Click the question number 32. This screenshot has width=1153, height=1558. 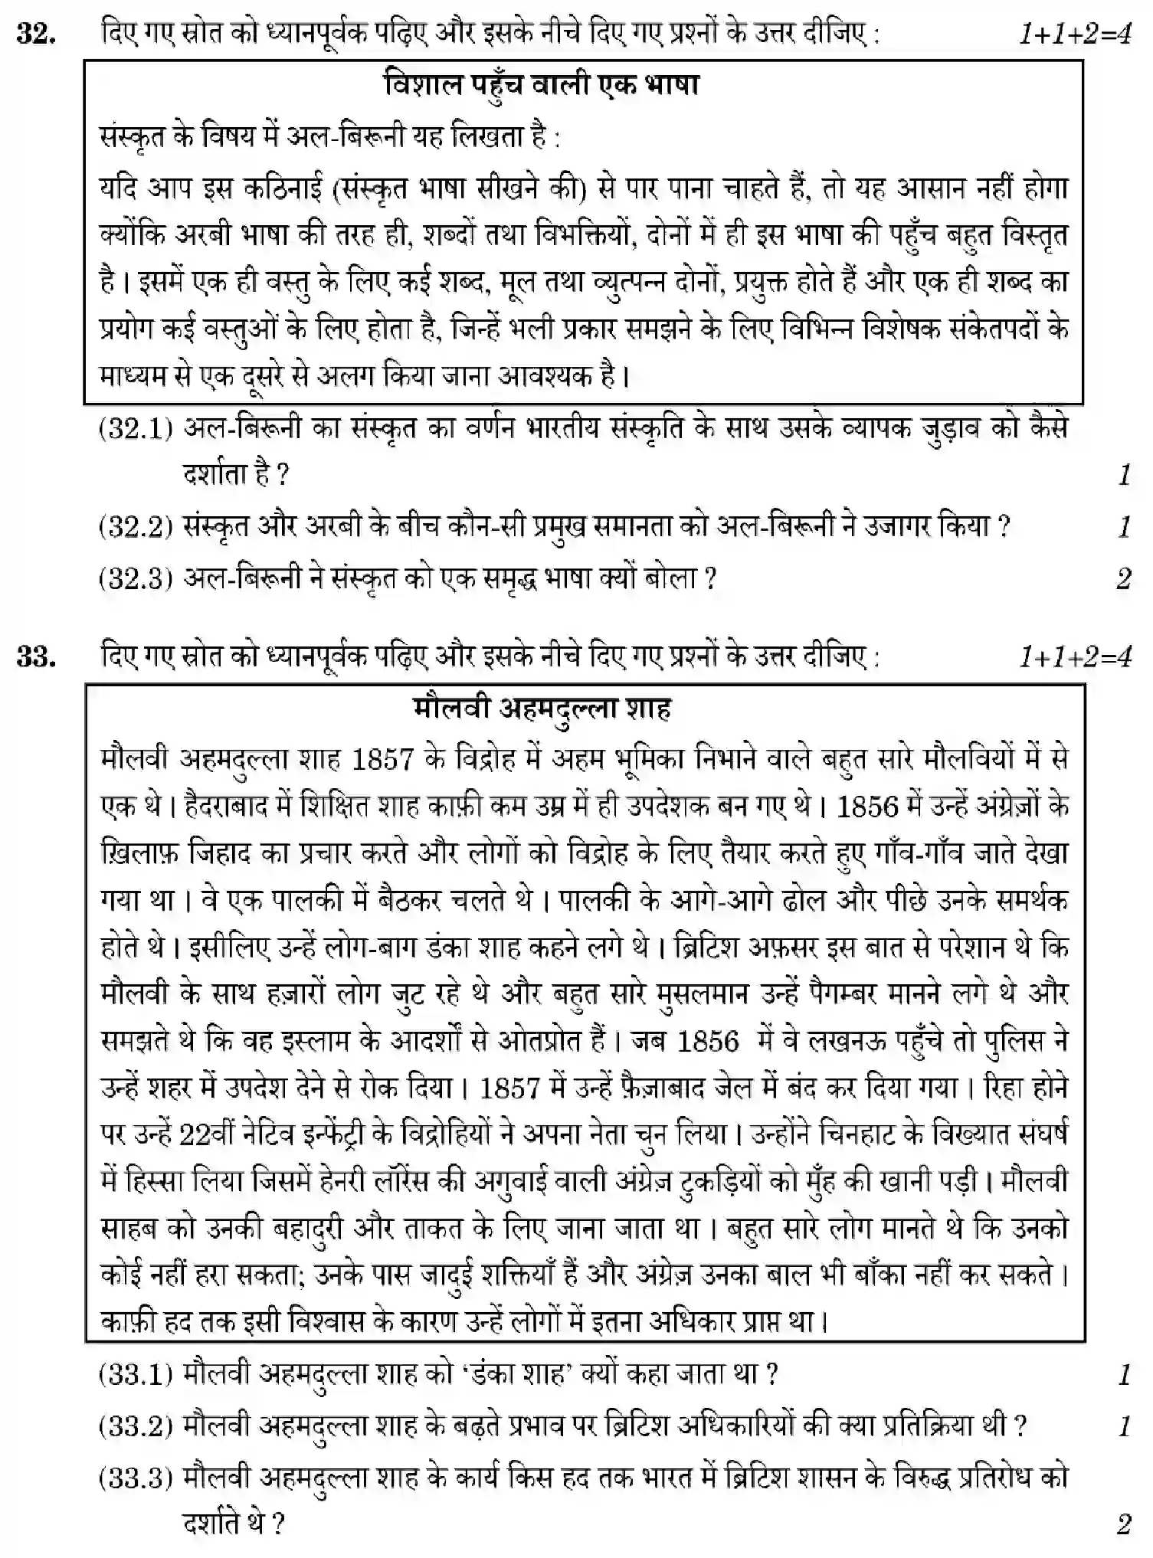click(36, 35)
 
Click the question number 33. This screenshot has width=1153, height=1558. click(36, 658)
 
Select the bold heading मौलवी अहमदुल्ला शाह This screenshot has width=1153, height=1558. click(542, 709)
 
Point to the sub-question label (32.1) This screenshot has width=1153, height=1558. click(136, 428)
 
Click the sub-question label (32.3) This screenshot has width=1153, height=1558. click(136, 578)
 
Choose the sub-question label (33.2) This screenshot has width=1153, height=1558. click(136, 1425)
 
